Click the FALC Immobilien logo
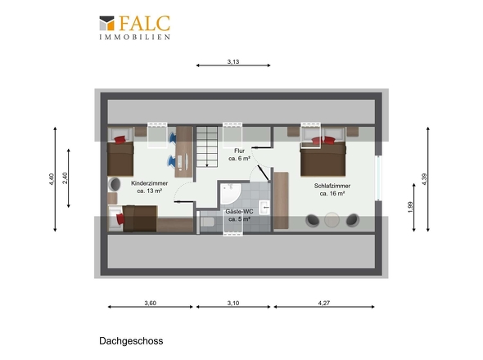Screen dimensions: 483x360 134,27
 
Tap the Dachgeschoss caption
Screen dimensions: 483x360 131,341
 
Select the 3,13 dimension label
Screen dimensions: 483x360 233,61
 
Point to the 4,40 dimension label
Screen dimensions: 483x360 52,179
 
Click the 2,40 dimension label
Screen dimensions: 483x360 65,178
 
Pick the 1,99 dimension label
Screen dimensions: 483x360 410,207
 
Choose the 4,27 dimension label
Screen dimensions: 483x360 324,303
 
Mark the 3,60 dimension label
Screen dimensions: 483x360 151,303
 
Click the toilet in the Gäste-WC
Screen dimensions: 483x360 208,222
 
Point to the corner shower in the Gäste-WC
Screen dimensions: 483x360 230,193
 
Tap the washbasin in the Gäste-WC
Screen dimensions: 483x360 264,207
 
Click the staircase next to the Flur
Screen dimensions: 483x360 207,147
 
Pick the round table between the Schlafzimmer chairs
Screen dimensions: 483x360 332,220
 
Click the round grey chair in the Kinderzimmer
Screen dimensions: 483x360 115,184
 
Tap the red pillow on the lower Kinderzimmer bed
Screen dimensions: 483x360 120,219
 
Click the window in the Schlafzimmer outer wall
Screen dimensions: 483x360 378,178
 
